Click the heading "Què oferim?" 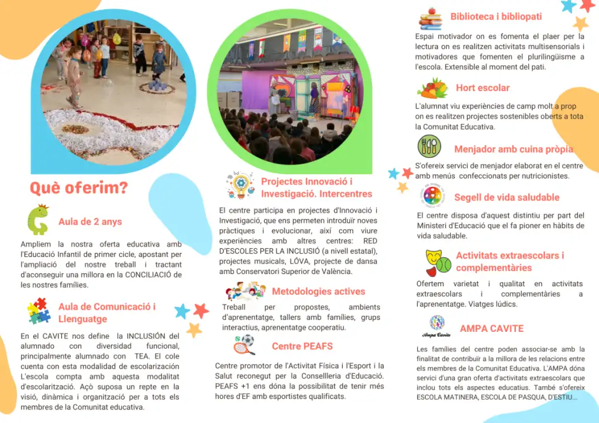(x=78, y=188)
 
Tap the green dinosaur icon (x=38, y=220)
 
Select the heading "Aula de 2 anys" (x=90, y=222)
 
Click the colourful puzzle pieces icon (x=39, y=311)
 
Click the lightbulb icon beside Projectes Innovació (x=239, y=185)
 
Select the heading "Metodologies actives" (x=318, y=292)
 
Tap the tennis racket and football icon (x=244, y=345)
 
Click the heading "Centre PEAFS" (x=302, y=346)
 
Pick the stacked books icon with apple (x=430, y=19)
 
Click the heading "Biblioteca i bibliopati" (x=496, y=17)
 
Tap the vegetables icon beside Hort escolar (x=433, y=88)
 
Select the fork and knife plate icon (x=429, y=146)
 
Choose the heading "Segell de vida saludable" (x=507, y=197)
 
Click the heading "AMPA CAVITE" (x=491, y=329)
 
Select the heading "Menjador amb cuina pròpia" (x=514, y=150)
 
